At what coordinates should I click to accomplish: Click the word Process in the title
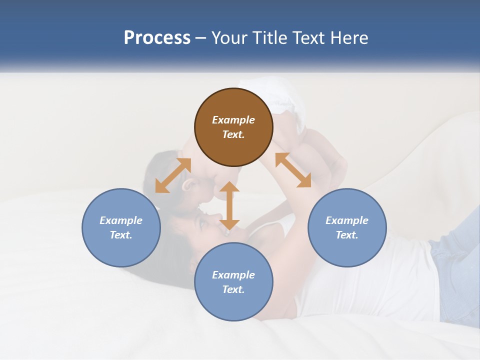pos(157,38)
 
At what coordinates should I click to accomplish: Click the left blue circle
pos(121,227)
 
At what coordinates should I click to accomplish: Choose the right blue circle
pos(347,227)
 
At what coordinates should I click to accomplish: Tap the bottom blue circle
pos(233,282)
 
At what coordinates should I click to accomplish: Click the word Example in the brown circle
pos(233,120)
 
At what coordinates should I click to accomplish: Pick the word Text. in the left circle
pos(121,235)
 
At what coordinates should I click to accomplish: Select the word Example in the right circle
pos(347,220)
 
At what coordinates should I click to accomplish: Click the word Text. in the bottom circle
pos(233,289)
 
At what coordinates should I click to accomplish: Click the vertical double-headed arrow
pos(229,205)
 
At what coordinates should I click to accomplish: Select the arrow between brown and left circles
pos(173,175)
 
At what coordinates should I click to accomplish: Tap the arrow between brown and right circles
pos(293,170)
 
